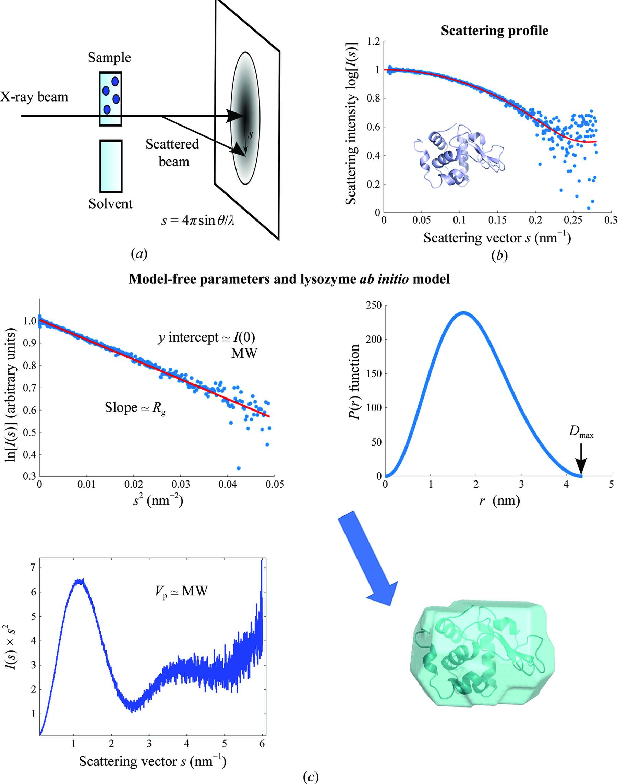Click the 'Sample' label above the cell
(109, 58)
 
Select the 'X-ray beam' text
(34, 97)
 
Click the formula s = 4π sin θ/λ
(197, 220)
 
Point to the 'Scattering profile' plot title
(494, 31)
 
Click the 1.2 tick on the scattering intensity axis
(374, 41)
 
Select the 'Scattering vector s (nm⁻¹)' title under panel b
(497, 238)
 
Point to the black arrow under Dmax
(581, 458)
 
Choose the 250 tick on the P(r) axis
(374, 306)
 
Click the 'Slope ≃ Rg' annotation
(135, 408)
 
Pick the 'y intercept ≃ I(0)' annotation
(207, 337)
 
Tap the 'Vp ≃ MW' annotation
(180, 591)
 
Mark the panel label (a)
(139, 254)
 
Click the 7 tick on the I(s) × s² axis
(33, 568)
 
